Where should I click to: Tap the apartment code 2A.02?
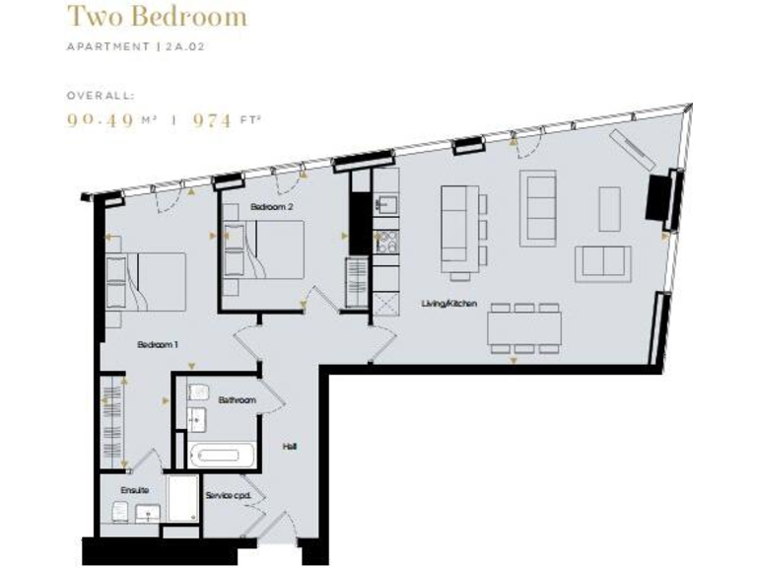tap(184, 46)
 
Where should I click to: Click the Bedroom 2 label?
tap(271, 207)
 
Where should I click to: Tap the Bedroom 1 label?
tap(157, 345)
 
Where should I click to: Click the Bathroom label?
tap(238, 400)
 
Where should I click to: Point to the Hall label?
tap(290, 447)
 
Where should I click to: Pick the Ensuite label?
tap(134, 489)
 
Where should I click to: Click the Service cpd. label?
tap(228, 495)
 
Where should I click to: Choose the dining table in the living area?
tap(523, 327)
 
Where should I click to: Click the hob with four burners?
tap(384, 242)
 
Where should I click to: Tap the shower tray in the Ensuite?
tap(182, 499)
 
